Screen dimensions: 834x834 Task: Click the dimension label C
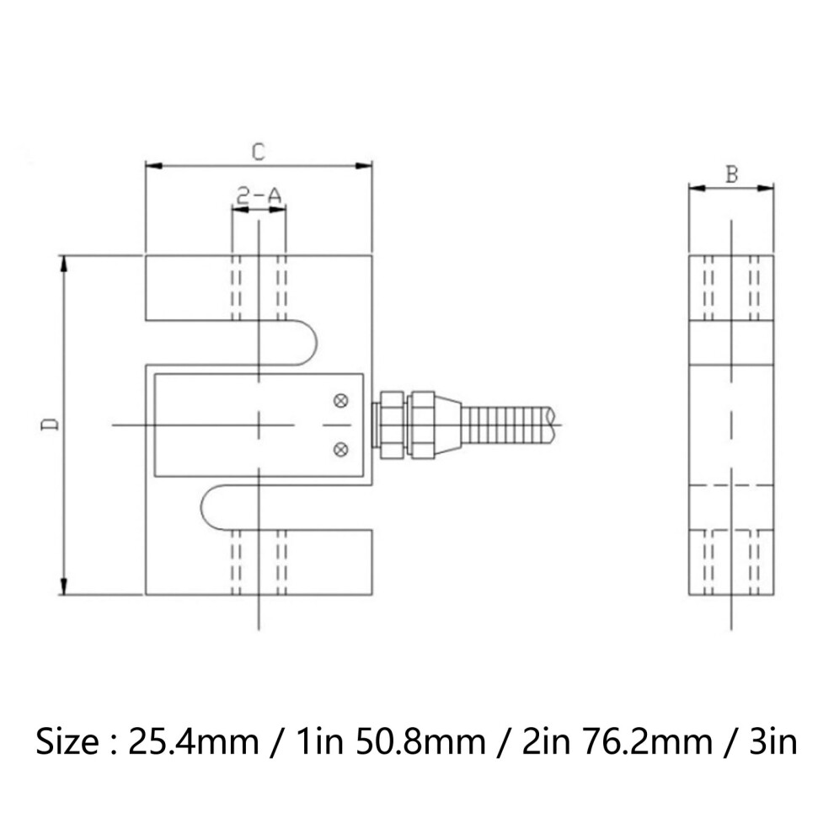coord(259,152)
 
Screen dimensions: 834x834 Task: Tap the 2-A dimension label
coord(259,195)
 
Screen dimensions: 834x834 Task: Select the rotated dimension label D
coord(50,425)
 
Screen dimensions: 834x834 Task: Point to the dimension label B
coord(732,174)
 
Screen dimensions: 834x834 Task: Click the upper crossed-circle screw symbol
coord(341,400)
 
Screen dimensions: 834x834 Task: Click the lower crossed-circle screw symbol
coord(341,450)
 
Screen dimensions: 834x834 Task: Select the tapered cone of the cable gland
coord(448,425)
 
